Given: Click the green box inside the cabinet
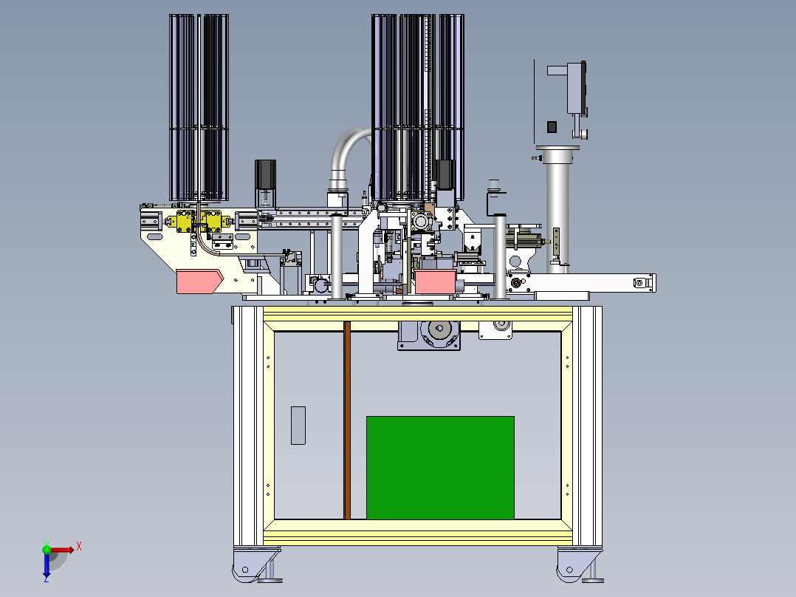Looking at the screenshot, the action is point(440,468).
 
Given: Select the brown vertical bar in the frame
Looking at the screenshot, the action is point(347,420).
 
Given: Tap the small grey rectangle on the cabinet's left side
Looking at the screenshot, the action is point(298,426).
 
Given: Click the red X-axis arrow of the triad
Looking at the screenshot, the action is point(61,550).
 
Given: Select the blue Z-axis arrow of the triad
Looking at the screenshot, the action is point(47,563).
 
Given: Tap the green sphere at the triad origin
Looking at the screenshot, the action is point(47,550).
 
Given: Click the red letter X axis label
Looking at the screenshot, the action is point(79,547).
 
